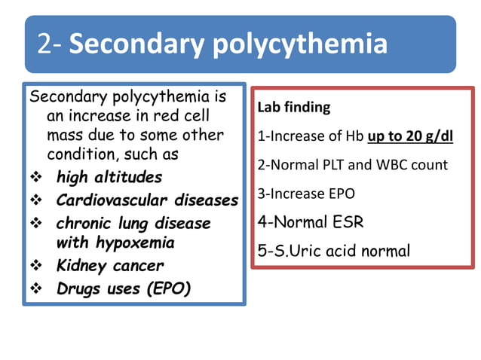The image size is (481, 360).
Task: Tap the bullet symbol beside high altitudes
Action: [x=35, y=178]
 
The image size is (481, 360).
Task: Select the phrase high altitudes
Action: [x=109, y=178]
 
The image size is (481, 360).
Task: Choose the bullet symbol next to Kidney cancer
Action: [x=35, y=266]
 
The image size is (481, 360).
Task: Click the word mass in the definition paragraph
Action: [x=63, y=136]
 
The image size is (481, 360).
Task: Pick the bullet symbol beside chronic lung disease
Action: [x=35, y=224]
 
